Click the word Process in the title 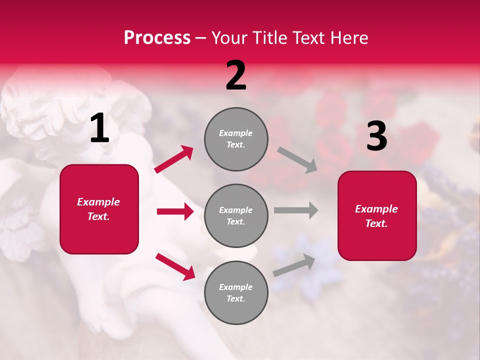(157, 38)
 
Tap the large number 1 (99, 128)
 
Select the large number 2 (236, 75)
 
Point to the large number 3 (376, 136)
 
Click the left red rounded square (99, 209)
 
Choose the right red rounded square (377, 215)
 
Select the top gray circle (236, 139)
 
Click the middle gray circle (236, 215)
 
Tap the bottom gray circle (236, 292)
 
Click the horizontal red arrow (175, 211)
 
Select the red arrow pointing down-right (175, 266)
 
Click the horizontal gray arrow (295, 210)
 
